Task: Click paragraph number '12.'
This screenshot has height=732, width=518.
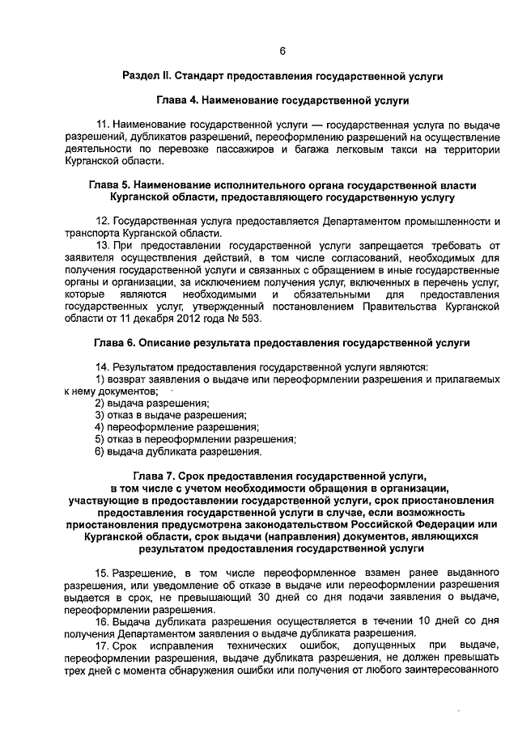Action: click(x=103, y=221)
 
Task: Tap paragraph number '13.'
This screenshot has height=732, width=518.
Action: click(x=103, y=244)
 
